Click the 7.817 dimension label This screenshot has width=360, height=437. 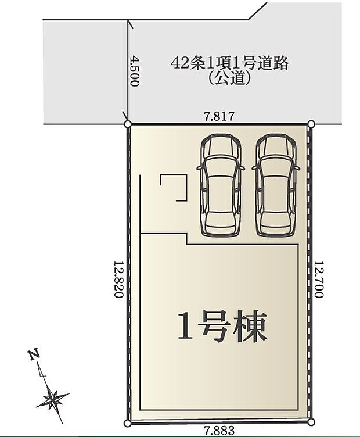pyautogui.click(x=219, y=116)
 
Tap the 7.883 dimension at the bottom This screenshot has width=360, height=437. pyautogui.click(x=219, y=431)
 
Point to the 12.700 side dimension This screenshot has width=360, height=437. pyautogui.click(x=318, y=279)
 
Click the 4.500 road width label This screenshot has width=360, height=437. pyautogui.click(x=135, y=71)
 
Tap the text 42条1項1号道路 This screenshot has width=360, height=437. pyautogui.click(x=229, y=63)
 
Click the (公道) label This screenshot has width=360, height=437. pyautogui.click(x=229, y=78)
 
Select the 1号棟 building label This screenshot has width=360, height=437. pyautogui.click(x=222, y=327)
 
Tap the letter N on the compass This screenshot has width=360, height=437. pyautogui.click(x=34, y=354)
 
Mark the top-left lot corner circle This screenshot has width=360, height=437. pyautogui.click(x=128, y=123)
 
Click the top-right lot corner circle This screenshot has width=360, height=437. pyautogui.click(x=311, y=124)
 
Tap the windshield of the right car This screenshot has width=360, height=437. pyautogui.click(x=276, y=168)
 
